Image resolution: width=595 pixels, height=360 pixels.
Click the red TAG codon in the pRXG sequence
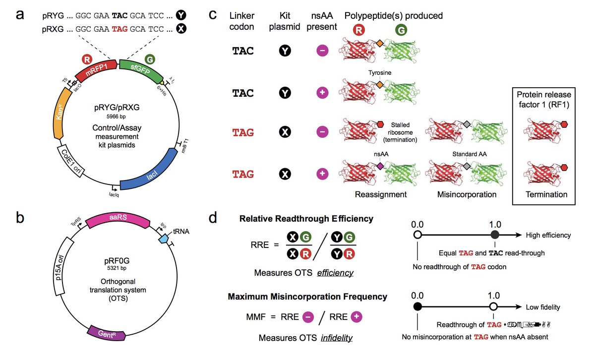click(x=120, y=29)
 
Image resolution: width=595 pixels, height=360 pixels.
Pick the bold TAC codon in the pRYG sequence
click(x=120, y=15)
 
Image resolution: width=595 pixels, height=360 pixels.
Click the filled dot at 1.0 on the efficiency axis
click(x=494, y=236)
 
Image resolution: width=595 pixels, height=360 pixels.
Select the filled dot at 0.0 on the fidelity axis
click(x=417, y=306)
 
